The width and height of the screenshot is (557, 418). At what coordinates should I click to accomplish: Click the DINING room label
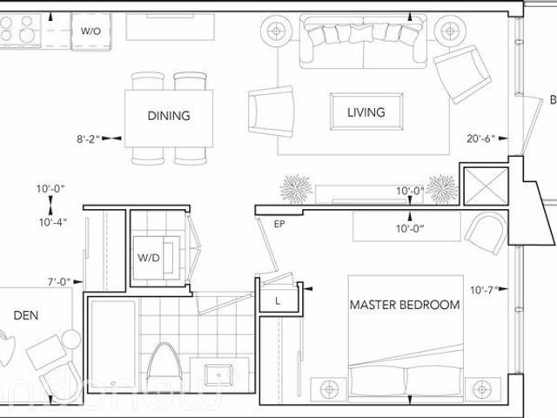coord(169,116)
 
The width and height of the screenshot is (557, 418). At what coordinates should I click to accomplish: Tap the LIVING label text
coord(366,112)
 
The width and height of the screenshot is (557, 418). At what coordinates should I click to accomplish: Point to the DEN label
coord(25,314)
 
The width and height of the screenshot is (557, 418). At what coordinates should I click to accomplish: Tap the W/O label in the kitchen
coord(91,30)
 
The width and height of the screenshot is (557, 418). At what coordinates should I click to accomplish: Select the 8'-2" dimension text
coord(88,138)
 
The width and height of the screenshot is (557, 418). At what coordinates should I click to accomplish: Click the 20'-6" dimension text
coord(480,138)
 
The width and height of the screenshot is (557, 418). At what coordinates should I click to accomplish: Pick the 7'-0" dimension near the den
coord(61,281)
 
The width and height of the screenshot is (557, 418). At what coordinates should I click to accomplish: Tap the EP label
coord(279,224)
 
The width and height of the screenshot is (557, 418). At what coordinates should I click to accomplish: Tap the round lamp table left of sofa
coord(278,30)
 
